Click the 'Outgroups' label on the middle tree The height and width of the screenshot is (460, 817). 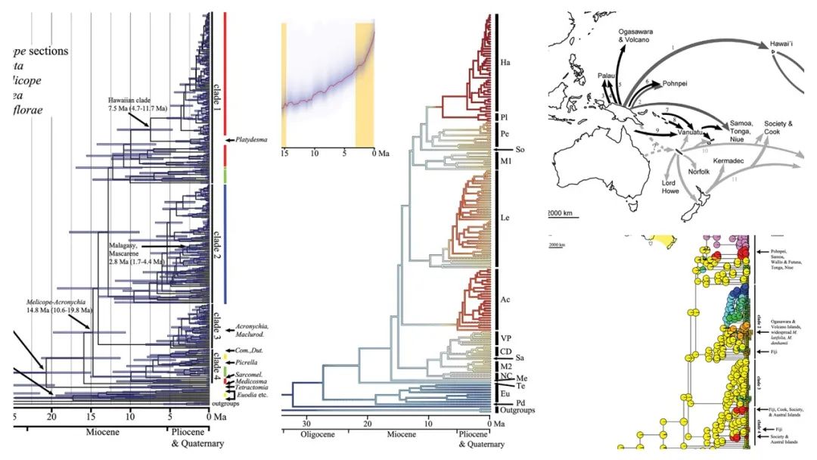(517, 410)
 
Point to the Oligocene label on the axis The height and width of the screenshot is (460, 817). (308, 445)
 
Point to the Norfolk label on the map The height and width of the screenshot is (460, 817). (701, 172)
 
